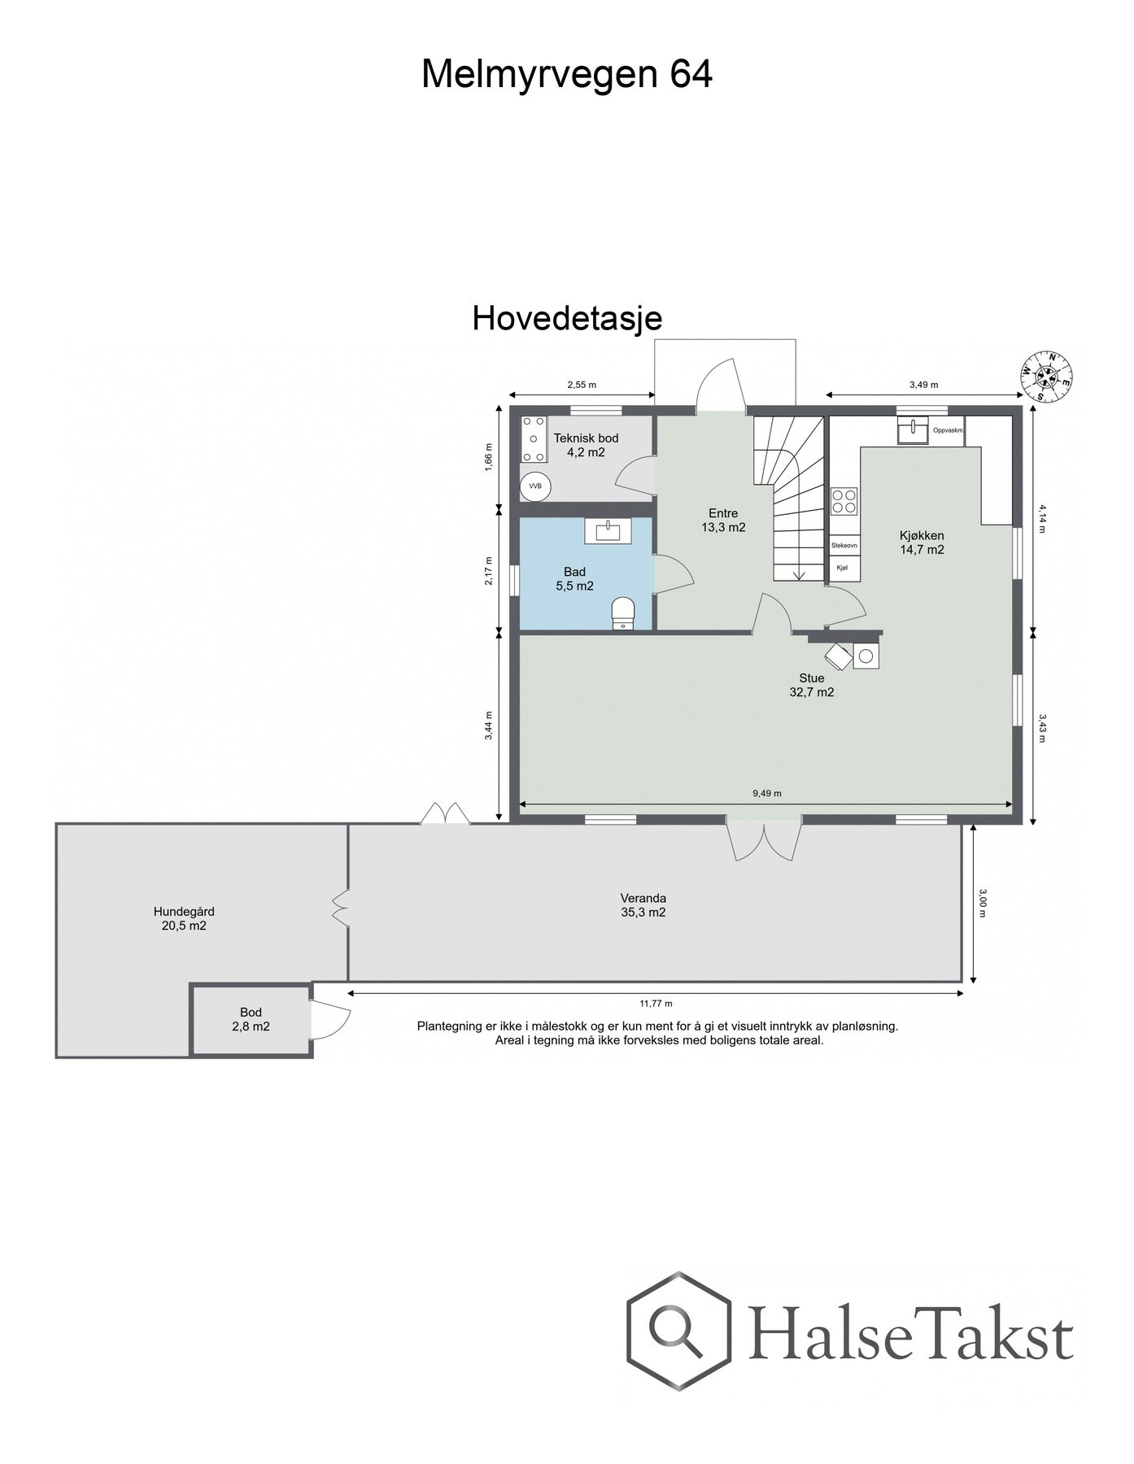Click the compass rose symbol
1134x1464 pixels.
tap(1047, 376)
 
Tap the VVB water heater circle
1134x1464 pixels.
tap(535, 486)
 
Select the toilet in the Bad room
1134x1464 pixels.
tap(622, 612)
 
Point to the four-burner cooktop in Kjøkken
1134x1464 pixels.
tap(844, 500)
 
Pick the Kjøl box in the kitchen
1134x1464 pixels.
tap(842, 569)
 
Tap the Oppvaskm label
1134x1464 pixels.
tap(948, 430)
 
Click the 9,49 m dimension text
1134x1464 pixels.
tap(766, 793)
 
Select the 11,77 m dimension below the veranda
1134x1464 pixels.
tap(656, 1004)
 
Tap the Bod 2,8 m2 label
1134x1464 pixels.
tap(251, 1019)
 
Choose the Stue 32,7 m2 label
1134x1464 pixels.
tap(811, 685)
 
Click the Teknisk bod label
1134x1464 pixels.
tap(586, 445)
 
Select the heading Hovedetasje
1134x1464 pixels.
tap(567, 318)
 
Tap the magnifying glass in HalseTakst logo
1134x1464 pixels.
tap(677, 1336)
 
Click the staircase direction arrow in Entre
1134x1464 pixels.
tap(798, 574)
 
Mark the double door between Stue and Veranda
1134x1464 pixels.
tap(764, 840)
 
